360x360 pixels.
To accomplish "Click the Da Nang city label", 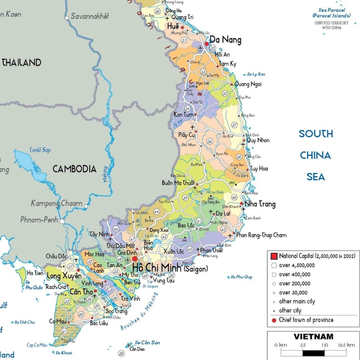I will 225,40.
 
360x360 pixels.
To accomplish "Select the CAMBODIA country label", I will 74,169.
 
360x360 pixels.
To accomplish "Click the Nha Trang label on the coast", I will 260,204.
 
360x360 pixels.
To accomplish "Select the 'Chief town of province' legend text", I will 306,320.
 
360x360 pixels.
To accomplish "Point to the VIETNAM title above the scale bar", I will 313,337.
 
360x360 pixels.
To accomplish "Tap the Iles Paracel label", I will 331,10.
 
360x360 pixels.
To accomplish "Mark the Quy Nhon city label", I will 258,140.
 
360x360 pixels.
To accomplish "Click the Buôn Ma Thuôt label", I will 178,183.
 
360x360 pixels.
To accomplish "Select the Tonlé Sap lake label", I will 40,150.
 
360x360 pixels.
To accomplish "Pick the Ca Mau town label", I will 58,321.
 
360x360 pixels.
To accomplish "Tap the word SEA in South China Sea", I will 316,177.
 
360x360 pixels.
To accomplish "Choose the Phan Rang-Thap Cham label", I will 262,235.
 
